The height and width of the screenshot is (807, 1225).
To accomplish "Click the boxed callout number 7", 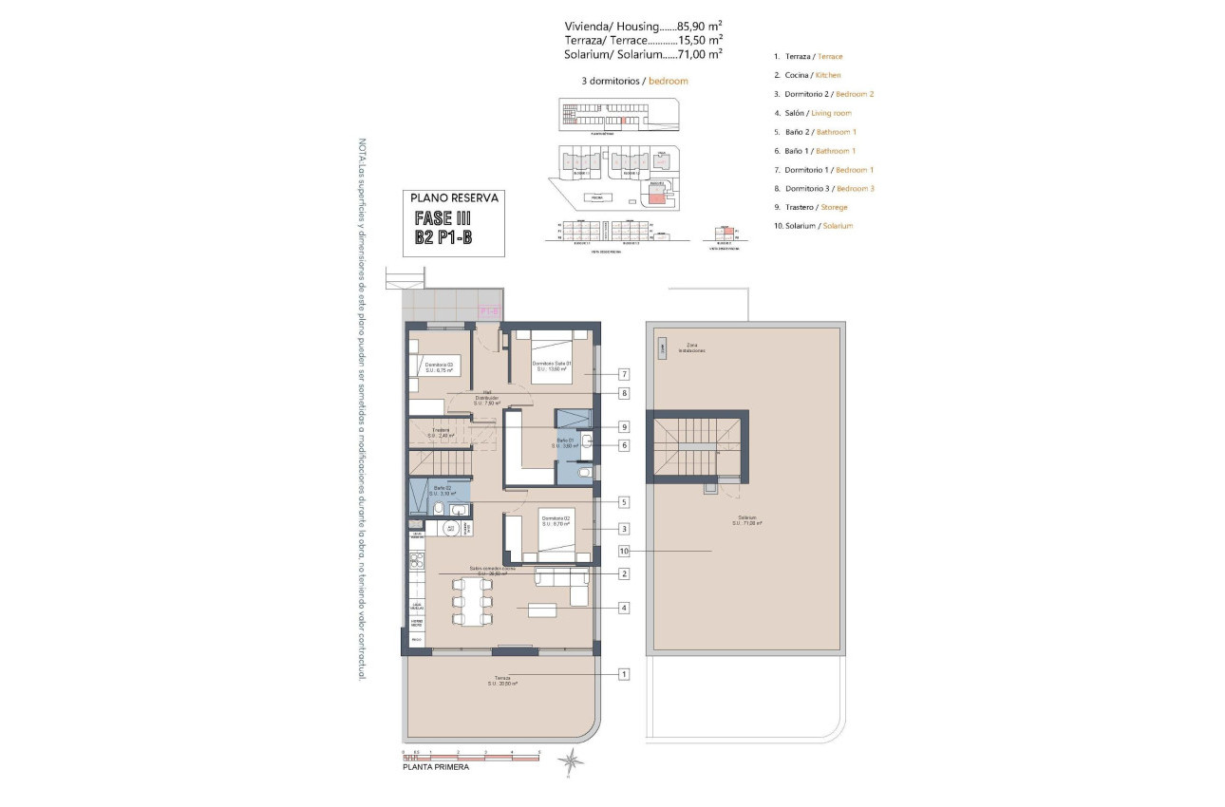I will click(x=624, y=374).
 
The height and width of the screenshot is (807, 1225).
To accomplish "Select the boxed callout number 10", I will click(x=624, y=551).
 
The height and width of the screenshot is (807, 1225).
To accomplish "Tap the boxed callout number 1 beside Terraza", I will click(x=624, y=674).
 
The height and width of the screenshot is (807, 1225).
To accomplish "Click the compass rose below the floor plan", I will click(x=570, y=759).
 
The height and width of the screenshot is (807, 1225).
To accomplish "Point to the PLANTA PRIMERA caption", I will click(x=436, y=767).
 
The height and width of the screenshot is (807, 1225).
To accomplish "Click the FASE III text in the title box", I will click(x=443, y=218).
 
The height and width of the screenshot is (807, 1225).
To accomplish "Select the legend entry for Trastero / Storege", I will click(x=810, y=207).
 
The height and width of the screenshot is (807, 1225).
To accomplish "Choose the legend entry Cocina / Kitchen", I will click(x=807, y=75).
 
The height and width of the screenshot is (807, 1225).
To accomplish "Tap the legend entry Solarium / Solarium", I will click(x=813, y=226).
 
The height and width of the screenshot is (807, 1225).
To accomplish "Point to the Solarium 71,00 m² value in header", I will click(x=700, y=54).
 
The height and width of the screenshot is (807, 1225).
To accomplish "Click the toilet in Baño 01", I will click(x=585, y=472).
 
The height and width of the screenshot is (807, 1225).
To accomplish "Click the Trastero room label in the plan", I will click(x=441, y=432).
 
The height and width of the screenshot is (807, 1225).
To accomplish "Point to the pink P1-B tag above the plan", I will click(x=490, y=310).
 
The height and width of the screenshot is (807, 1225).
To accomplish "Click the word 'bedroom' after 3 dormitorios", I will click(x=668, y=82).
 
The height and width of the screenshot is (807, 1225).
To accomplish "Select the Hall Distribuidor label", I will click(x=486, y=400).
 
